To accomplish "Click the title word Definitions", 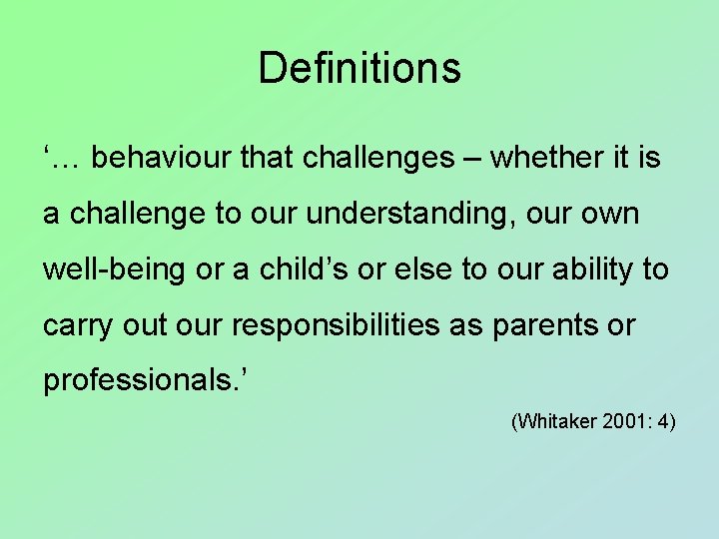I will tap(359, 68).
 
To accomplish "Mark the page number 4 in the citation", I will tap(663, 423).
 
